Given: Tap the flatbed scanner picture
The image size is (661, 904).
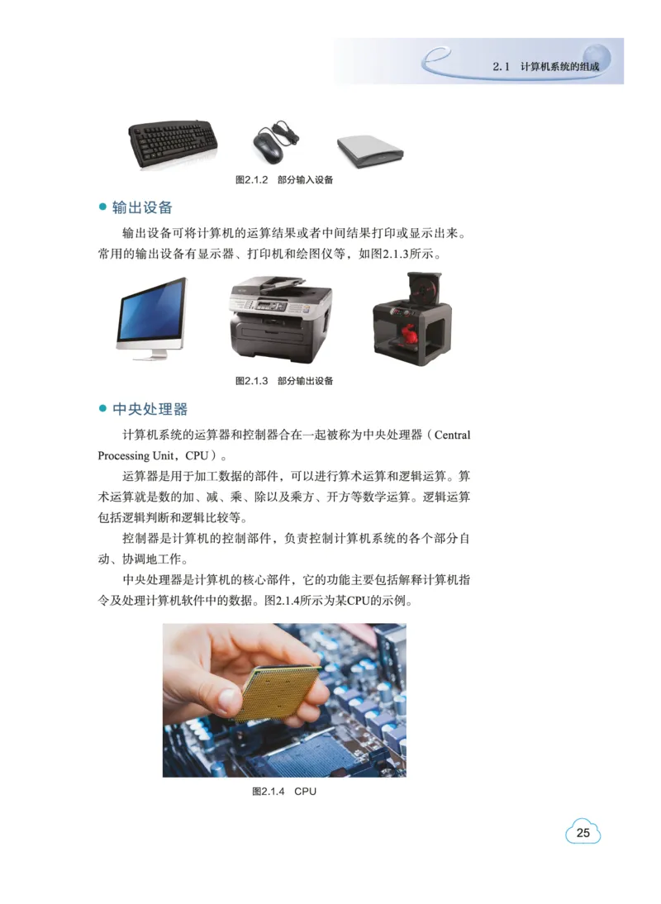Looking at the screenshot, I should click(x=369, y=149).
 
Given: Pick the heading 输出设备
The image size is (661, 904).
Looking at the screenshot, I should click(x=142, y=207).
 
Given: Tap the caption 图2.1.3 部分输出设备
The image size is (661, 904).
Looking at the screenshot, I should click(x=284, y=381).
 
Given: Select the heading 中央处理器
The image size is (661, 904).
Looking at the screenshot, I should click(x=150, y=409).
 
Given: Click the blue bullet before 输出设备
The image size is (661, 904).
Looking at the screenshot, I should click(x=103, y=207).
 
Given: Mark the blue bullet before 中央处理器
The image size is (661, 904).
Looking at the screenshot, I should click(x=103, y=409).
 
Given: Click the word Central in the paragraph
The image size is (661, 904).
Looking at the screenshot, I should click(x=452, y=434).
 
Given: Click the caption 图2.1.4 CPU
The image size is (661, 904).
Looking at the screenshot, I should click(x=284, y=792).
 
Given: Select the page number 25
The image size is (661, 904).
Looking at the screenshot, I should click(x=583, y=833).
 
